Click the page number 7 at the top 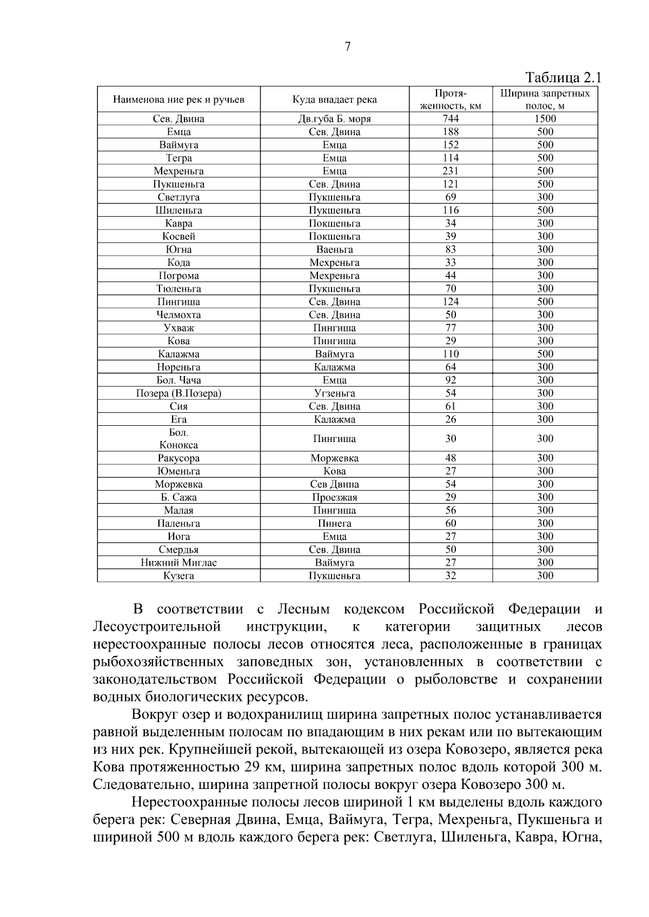coord(347,47)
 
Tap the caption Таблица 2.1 coord(563,77)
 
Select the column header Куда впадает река coord(334,99)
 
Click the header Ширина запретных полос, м coord(545,99)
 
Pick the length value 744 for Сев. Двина coord(451,119)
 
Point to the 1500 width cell coord(545,119)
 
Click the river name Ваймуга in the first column coord(178,145)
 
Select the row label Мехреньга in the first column coord(178,171)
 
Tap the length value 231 coord(451,171)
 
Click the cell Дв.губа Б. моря coord(334,119)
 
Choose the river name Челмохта coord(178,314)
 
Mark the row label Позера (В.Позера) coord(178,393)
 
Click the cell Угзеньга coord(334,393)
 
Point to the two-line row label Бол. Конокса coord(178,439)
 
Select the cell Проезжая coord(334,497)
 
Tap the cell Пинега coord(334,523)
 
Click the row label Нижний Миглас coord(178,563)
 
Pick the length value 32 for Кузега coord(451,575)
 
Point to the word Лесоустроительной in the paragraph coord(157,627)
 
